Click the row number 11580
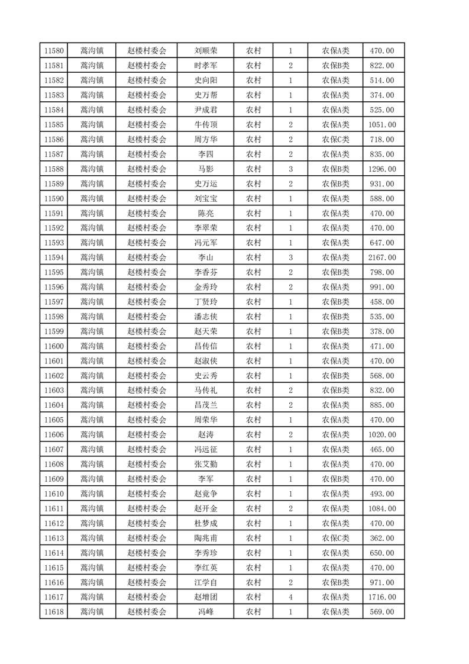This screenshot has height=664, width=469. point(53,51)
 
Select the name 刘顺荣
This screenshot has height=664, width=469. point(205,51)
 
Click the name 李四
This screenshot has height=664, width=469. point(205,154)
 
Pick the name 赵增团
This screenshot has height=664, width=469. point(205,597)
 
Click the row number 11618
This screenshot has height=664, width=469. point(53,612)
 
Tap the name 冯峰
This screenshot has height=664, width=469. point(205,612)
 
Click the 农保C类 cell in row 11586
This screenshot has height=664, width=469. point(335,140)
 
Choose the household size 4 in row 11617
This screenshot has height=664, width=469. point(290,597)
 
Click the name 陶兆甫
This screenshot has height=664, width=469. point(205,538)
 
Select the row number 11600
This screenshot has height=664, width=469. point(53,346)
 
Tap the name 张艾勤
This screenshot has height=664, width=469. point(205,465)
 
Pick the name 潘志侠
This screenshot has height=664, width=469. point(205,317)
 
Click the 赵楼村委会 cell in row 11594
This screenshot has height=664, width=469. point(147,257)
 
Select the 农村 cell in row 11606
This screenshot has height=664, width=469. point(253,435)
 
